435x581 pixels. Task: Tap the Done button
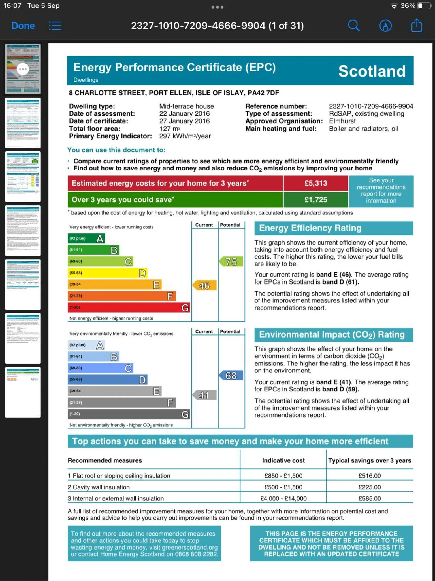[23, 26]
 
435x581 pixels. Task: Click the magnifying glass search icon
[353, 26]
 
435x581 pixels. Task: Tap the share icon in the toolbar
[416, 26]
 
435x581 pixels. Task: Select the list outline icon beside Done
[55, 26]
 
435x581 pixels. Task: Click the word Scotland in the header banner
[372, 71]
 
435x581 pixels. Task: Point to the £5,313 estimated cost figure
[316, 183]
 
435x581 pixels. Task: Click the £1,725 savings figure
[316, 200]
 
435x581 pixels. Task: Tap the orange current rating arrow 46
[204, 285]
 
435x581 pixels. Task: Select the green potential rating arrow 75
[231, 262]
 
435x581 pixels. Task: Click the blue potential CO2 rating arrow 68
[231, 376]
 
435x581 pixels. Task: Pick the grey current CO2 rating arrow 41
[204, 395]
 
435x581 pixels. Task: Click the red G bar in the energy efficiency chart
[129, 308]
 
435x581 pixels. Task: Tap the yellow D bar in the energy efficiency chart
[108, 273]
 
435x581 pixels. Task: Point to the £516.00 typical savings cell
[370, 476]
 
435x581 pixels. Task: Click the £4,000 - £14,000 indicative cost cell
[283, 498]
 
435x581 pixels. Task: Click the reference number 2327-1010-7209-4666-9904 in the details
[371, 106]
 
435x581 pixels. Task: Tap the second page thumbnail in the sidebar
[23, 123]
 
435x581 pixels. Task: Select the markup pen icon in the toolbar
[385, 26]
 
